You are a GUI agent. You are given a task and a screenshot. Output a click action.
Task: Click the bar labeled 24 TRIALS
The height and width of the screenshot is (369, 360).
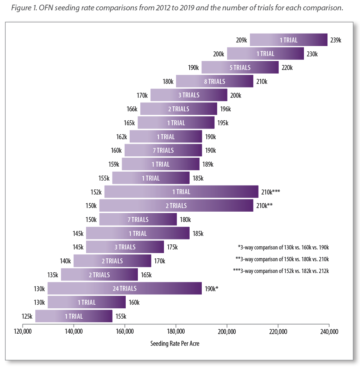click(124, 288)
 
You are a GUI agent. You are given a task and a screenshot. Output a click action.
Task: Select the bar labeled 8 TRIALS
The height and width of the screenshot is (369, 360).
click(214, 81)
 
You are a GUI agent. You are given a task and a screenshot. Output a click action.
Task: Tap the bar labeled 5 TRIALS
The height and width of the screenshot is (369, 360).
click(240, 67)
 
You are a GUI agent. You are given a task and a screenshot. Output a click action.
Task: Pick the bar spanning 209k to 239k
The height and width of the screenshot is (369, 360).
click(288, 40)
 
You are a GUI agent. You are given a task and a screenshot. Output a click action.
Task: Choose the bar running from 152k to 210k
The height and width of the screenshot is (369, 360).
click(181, 192)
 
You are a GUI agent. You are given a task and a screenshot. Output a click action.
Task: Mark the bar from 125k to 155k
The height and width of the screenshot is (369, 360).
click(74, 316)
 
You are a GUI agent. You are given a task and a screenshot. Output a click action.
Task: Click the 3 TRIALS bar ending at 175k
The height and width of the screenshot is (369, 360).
click(125, 247)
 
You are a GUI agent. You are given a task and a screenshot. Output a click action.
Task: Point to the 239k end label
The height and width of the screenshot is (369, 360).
click(336, 40)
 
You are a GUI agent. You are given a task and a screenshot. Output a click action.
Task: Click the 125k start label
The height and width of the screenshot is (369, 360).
click(27, 316)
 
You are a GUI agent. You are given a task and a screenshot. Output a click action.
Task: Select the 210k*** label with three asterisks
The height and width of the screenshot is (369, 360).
click(270, 192)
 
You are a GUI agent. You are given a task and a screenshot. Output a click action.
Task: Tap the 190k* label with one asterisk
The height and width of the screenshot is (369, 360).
click(211, 288)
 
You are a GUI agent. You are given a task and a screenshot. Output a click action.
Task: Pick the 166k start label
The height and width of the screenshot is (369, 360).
click(132, 109)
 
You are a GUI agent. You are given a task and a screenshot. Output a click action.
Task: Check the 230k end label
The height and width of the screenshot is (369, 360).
click(312, 54)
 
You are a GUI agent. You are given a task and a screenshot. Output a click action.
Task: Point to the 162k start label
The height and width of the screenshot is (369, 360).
click(121, 137)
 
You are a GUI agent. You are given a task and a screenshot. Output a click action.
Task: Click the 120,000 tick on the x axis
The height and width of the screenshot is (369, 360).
click(22, 332)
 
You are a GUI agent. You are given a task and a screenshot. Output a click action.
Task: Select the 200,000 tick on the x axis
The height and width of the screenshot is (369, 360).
click(227, 332)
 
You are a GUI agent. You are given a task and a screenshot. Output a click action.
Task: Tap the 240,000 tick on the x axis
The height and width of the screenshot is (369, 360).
click(329, 332)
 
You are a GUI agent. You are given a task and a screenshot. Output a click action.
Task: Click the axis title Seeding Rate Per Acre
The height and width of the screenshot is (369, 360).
click(175, 343)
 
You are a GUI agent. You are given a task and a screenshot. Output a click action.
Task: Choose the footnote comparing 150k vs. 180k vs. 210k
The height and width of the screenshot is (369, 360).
click(282, 259)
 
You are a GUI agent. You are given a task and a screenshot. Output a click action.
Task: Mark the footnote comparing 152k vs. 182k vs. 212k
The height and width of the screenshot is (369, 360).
click(281, 271)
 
